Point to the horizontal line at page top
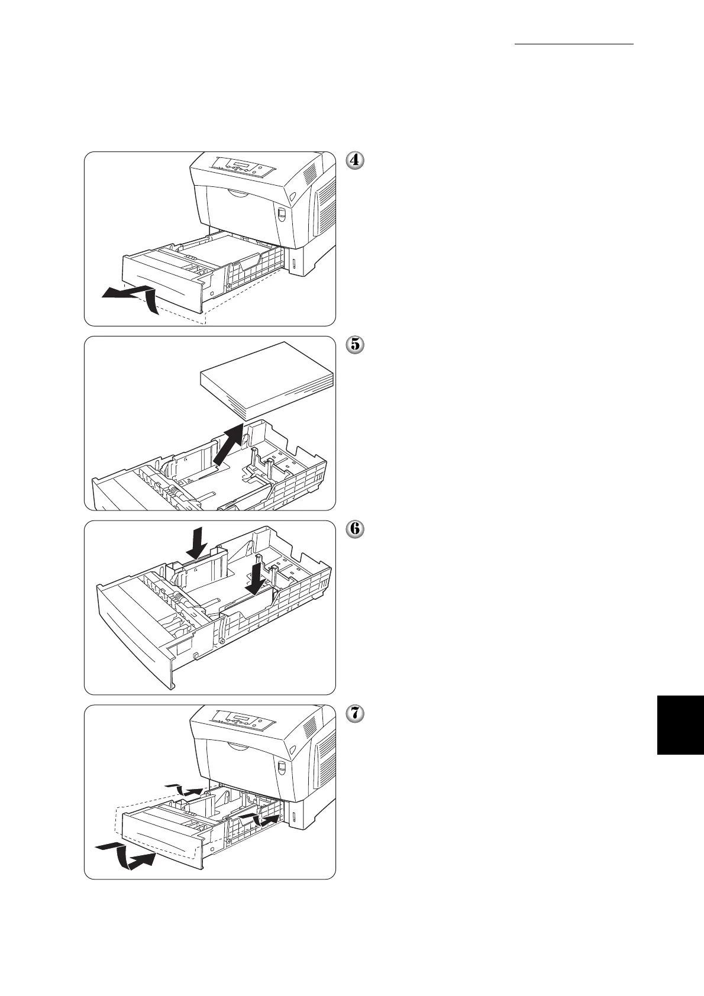tap(574, 44)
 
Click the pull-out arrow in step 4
tap(130, 296)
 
